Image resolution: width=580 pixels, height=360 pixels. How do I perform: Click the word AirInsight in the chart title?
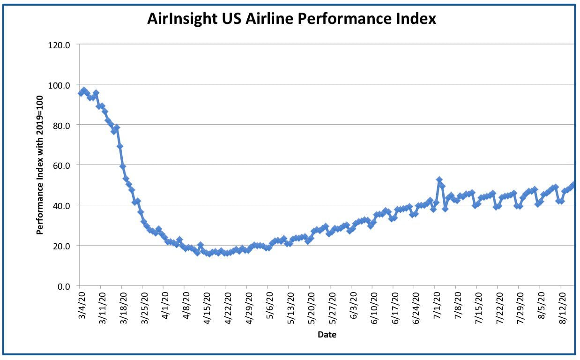(x=182, y=19)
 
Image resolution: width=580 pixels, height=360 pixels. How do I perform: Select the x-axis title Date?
(x=327, y=335)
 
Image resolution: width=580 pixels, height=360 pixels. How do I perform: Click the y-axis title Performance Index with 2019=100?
(x=40, y=165)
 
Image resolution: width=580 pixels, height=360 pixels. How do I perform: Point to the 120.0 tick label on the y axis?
(x=59, y=45)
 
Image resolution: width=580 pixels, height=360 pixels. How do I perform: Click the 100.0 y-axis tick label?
(x=59, y=85)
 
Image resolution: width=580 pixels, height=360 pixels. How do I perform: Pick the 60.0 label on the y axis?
(x=61, y=166)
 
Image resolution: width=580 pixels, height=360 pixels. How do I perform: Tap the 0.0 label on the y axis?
(x=64, y=286)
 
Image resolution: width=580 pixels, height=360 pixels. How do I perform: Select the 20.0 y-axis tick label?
(x=61, y=246)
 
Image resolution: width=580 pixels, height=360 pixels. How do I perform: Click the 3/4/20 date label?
(x=82, y=306)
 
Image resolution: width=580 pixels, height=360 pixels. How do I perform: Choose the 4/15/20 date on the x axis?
(x=207, y=308)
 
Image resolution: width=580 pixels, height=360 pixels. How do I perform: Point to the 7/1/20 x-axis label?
(x=437, y=306)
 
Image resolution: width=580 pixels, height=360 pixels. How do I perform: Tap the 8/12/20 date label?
(x=562, y=308)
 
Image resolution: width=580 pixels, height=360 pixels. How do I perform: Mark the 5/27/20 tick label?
(x=333, y=308)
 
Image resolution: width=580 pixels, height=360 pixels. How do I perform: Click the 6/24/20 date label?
(x=416, y=308)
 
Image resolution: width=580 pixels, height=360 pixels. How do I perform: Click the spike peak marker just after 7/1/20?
(x=439, y=180)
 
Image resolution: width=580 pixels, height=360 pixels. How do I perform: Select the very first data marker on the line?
(x=81, y=93)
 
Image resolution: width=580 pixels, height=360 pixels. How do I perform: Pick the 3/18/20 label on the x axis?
(x=124, y=308)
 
